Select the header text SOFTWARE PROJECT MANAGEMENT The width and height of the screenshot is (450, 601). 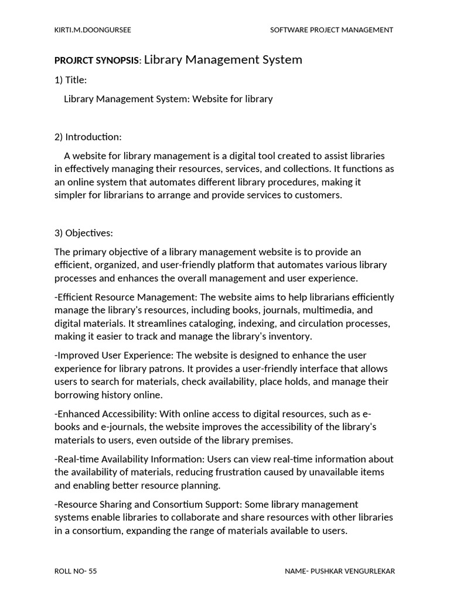click(331, 30)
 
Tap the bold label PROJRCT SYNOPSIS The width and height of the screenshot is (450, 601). click(97, 60)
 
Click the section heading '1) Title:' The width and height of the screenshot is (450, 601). click(70, 80)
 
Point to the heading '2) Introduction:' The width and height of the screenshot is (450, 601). click(88, 137)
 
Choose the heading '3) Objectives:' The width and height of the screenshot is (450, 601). click(84, 233)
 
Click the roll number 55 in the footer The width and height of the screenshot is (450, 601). click(93, 571)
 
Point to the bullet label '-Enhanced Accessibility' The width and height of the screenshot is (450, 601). click(105, 414)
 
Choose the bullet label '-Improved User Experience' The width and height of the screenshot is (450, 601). click(113, 356)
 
